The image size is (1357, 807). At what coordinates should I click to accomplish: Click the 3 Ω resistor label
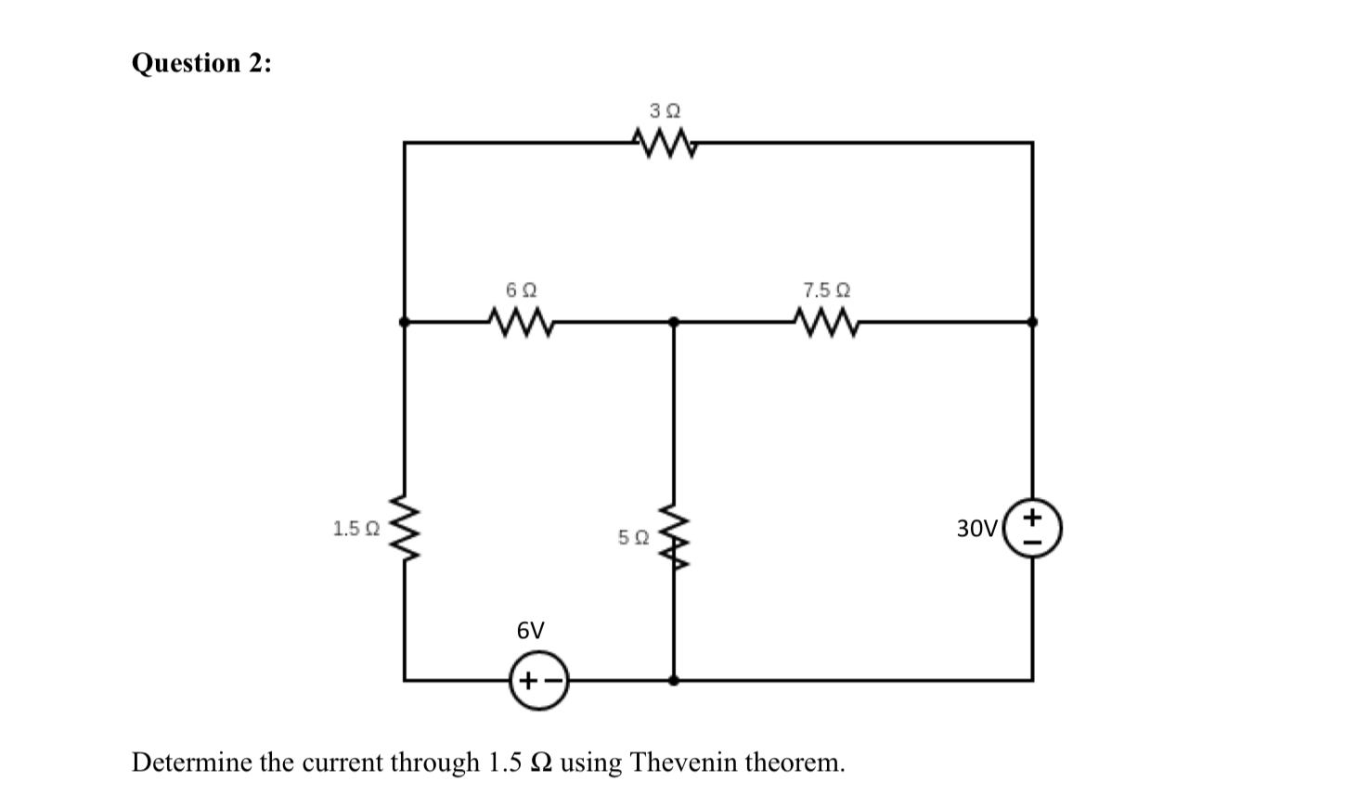665,110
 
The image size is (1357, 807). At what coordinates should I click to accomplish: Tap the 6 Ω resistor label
521,289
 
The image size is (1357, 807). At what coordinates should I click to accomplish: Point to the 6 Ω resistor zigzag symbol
521,323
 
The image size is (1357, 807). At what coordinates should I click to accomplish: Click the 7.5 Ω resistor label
826,289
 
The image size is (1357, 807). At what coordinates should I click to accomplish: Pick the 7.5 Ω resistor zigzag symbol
826,323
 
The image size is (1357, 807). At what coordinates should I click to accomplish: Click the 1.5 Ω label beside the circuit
355,530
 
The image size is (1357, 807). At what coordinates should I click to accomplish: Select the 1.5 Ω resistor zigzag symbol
405,529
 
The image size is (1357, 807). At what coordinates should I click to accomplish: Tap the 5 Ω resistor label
633,537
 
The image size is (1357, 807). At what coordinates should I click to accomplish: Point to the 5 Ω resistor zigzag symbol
674,538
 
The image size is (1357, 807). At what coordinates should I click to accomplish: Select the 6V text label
530,632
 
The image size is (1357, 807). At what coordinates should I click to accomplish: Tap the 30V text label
976,529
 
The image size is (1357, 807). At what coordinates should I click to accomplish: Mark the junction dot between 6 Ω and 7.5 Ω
674,322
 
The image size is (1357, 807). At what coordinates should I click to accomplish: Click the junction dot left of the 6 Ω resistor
404,322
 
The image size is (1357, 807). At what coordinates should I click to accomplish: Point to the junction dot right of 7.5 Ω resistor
1032,322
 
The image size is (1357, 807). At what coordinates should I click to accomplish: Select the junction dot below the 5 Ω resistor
674,680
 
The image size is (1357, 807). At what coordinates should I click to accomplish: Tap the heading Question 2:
201,63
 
